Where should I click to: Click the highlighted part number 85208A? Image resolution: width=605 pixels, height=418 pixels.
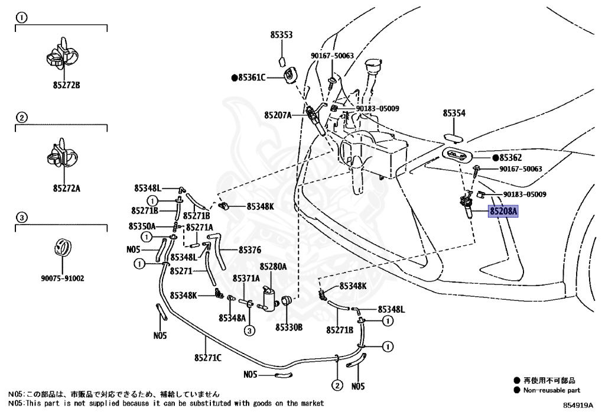[x=503, y=210]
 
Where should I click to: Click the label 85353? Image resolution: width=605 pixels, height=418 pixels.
[x=282, y=35]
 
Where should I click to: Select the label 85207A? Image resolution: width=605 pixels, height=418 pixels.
[x=278, y=115]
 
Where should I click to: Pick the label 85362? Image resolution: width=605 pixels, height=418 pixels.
[x=510, y=158]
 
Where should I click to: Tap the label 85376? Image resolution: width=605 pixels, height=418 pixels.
[x=250, y=250]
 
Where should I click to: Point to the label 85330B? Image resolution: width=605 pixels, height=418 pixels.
[x=288, y=327]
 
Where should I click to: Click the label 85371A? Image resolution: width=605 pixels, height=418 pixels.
[x=246, y=278]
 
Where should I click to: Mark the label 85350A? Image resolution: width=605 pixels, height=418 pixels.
[x=142, y=226]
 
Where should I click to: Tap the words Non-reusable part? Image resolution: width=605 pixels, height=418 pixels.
[x=551, y=390]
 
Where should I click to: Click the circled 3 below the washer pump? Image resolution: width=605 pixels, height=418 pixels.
[x=249, y=330]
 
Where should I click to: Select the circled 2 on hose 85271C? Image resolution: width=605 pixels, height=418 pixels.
[x=336, y=386]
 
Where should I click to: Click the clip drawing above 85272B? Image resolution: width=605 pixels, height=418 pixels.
[x=61, y=53]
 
